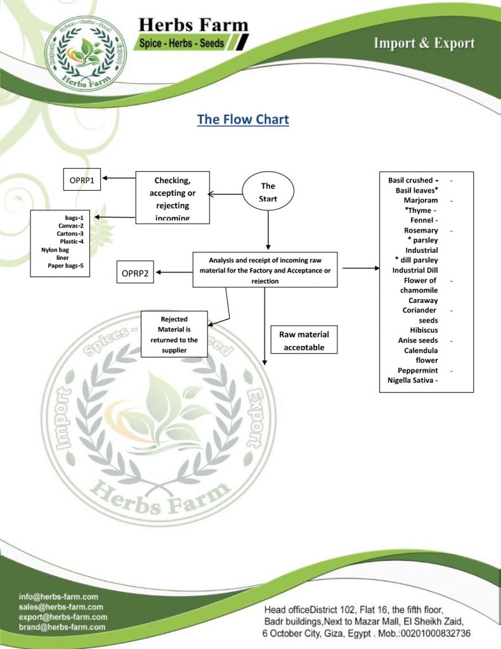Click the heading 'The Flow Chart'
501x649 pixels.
243,120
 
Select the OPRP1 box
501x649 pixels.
82,180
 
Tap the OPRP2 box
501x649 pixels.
135,273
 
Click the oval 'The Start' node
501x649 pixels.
268,192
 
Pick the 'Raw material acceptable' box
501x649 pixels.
303,340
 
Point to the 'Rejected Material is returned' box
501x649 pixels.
174,335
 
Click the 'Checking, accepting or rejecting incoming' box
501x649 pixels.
172,197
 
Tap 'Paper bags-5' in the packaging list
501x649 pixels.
66,266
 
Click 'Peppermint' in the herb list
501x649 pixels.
417,370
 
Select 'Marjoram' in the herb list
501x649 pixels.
421,200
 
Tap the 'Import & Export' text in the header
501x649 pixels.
424,43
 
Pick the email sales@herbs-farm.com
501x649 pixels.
61,607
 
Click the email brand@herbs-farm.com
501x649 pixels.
62,627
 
